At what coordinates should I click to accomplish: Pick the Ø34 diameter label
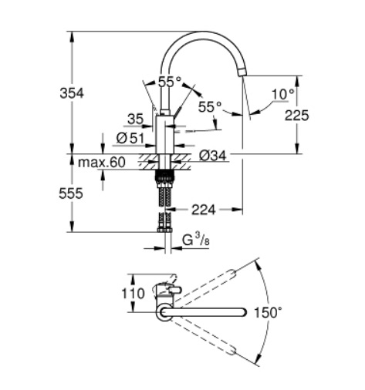212,156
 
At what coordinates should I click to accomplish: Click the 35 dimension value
135,119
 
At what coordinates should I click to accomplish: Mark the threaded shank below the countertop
164,178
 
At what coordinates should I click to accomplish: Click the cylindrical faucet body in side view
164,135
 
